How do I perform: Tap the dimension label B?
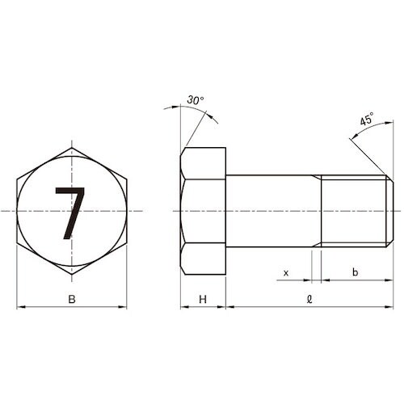point(72,301)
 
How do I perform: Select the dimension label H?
point(203,301)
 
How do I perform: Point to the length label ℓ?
point(309,300)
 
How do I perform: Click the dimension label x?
point(285,273)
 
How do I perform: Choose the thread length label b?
point(356,273)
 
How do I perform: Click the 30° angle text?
point(195,99)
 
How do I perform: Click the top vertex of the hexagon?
point(72,148)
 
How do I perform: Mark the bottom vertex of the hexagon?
point(72,276)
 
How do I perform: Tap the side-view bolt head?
point(203,211)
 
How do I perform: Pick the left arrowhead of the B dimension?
point(19,307)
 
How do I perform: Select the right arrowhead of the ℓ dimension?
point(390,307)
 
